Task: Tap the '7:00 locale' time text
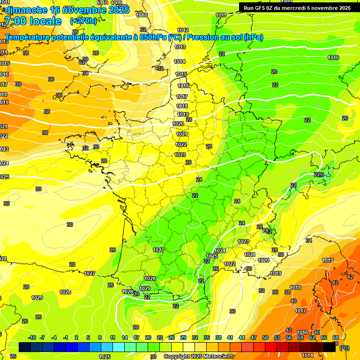33,21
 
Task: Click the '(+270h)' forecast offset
83,21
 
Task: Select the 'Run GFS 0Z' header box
298,7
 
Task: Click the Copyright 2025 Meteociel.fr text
199,356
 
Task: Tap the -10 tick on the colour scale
32,337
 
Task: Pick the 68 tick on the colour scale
336,337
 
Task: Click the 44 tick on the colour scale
242,337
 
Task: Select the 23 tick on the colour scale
160,337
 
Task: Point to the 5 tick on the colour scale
89,337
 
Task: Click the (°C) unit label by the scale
344,348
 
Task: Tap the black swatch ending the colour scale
330,347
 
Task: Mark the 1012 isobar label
183,30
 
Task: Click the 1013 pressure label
180,47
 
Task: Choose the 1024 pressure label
220,251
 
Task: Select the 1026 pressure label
127,292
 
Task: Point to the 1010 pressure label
141,15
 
